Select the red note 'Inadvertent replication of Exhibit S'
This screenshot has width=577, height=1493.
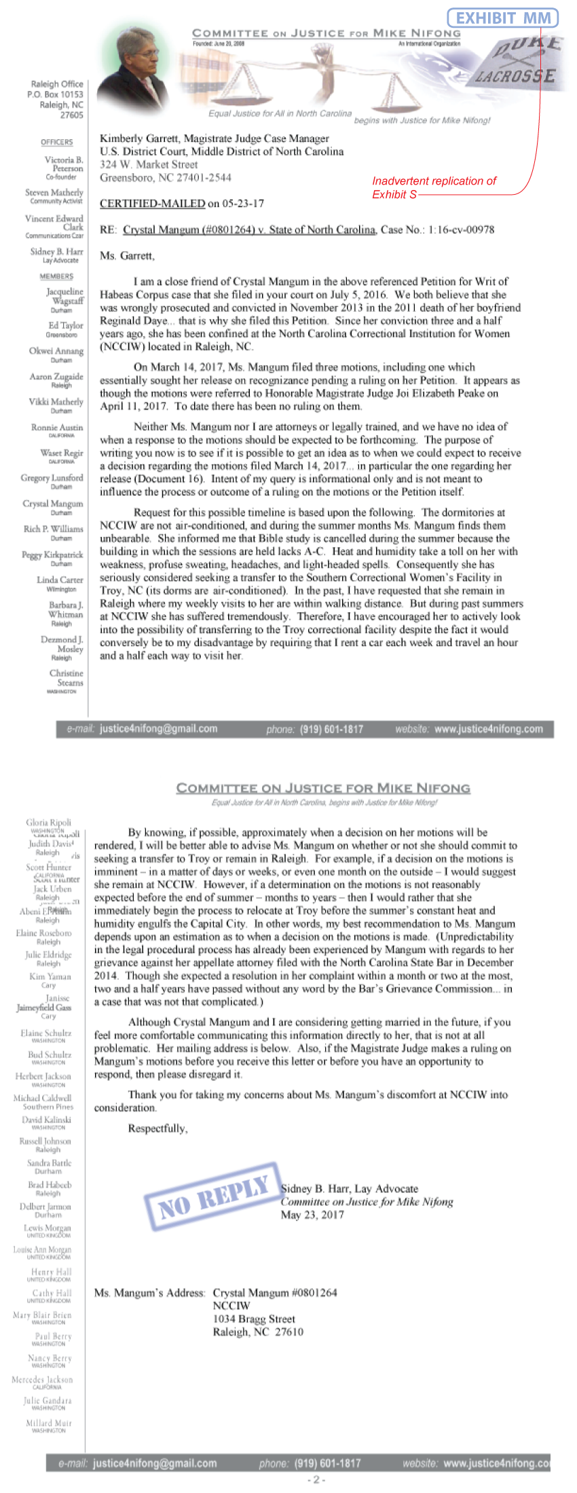pos(434,187)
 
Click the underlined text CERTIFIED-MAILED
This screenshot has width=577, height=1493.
pos(152,203)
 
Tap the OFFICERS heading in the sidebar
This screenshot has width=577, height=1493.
pos(56,142)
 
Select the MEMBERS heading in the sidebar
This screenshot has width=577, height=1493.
pos(56,276)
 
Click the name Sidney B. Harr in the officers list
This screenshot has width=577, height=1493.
pos(56,252)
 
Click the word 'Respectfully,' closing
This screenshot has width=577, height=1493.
pos(157,1129)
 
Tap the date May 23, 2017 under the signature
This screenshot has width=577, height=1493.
pos(312,1215)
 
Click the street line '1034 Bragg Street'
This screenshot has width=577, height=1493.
pos(254,1319)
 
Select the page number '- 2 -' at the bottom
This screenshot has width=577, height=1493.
pos(316,1480)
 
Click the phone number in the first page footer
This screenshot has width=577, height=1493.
pos(331,730)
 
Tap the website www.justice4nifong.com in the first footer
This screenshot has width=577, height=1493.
pos(488,730)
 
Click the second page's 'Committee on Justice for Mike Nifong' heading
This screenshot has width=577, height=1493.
pos(323,788)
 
